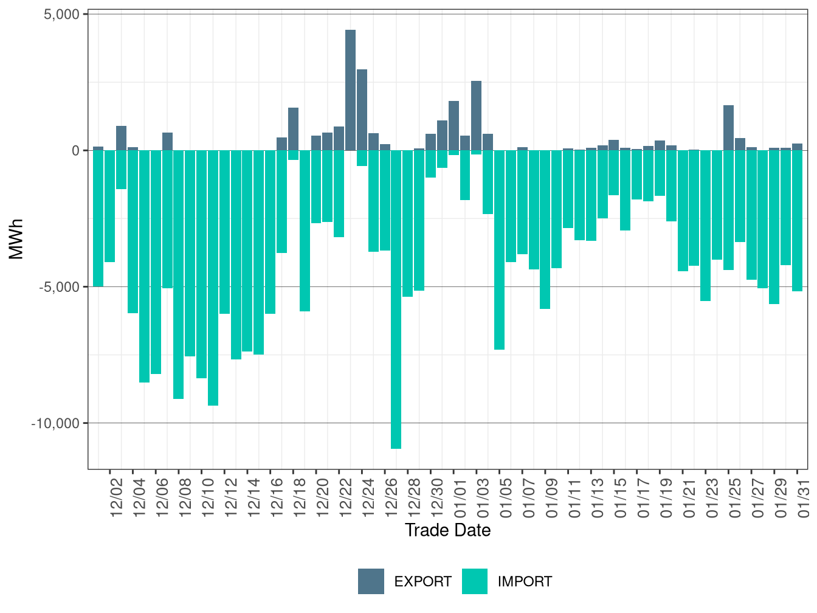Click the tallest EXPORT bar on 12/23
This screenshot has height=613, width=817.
tap(350, 90)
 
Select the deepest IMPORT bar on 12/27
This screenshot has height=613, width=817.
tap(396, 299)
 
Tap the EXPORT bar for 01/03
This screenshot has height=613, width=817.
tap(476, 116)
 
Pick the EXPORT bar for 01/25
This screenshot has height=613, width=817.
tap(728, 128)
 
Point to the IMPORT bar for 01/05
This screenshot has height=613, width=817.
tap(499, 250)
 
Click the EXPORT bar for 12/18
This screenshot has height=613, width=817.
tap(293, 129)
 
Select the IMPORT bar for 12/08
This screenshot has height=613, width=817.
tap(178, 274)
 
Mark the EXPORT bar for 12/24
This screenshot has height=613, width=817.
tap(362, 109)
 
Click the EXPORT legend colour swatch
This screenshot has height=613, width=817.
tap(371, 581)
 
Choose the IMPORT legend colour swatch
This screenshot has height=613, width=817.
tap(475, 581)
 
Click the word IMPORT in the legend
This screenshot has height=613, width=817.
tap(525, 582)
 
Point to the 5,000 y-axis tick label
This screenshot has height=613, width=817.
tap(62, 14)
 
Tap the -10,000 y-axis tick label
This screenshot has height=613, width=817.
tap(55, 423)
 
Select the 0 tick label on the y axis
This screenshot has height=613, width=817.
tap(76, 151)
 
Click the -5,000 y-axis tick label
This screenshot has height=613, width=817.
tap(59, 287)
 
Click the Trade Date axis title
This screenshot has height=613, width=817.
tap(447, 530)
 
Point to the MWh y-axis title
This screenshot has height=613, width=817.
tap(16, 239)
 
